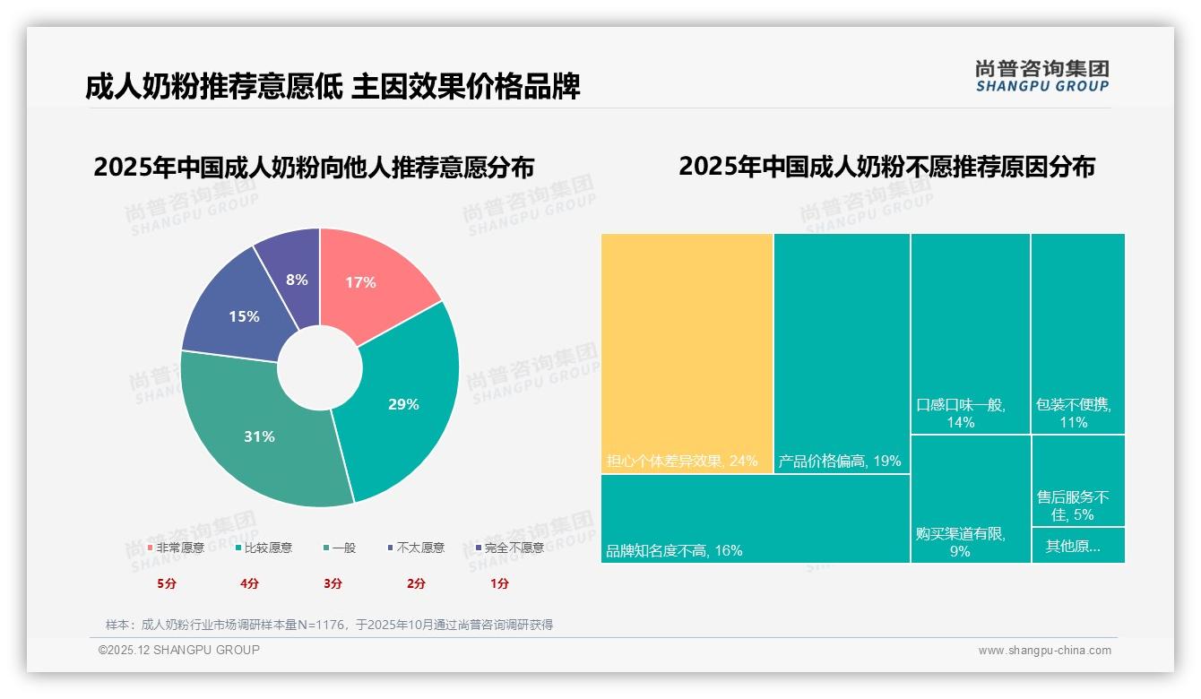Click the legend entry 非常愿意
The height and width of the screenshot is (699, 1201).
tap(175, 548)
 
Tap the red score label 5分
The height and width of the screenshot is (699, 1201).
tap(167, 583)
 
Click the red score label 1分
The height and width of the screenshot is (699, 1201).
tap(499, 583)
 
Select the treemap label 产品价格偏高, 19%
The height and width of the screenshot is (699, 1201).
tap(840, 462)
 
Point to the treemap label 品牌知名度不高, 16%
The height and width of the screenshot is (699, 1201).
tap(674, 550)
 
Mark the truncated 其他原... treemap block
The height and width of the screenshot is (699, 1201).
tap(1077, 545)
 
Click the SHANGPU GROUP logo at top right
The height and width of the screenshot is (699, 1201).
tap(1041, 76)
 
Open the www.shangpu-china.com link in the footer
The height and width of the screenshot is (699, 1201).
tap(1044, 650)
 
